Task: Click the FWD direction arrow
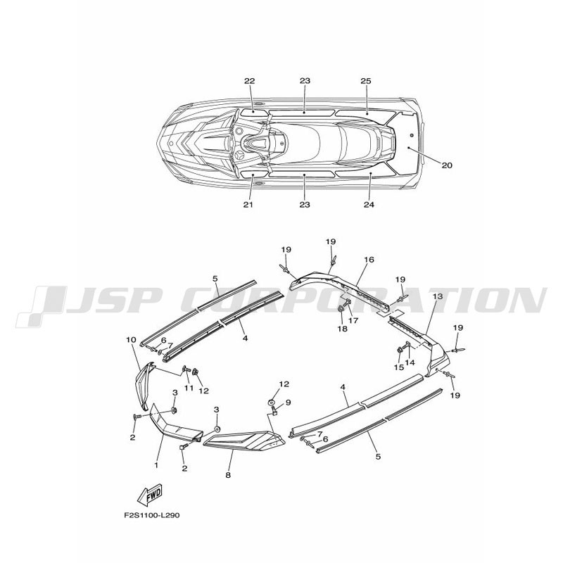tap(150, 493)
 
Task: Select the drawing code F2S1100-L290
tap(152, 516)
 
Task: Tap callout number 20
tap(447, 165)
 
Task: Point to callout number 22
tap(250, 81)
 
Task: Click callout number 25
tap(366, 81)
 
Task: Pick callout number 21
tap(248, 205)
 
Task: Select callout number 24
tap(369, 205)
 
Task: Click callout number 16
tap(369, 260)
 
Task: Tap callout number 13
tap(438, 296)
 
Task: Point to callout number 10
tap(132, 339)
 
